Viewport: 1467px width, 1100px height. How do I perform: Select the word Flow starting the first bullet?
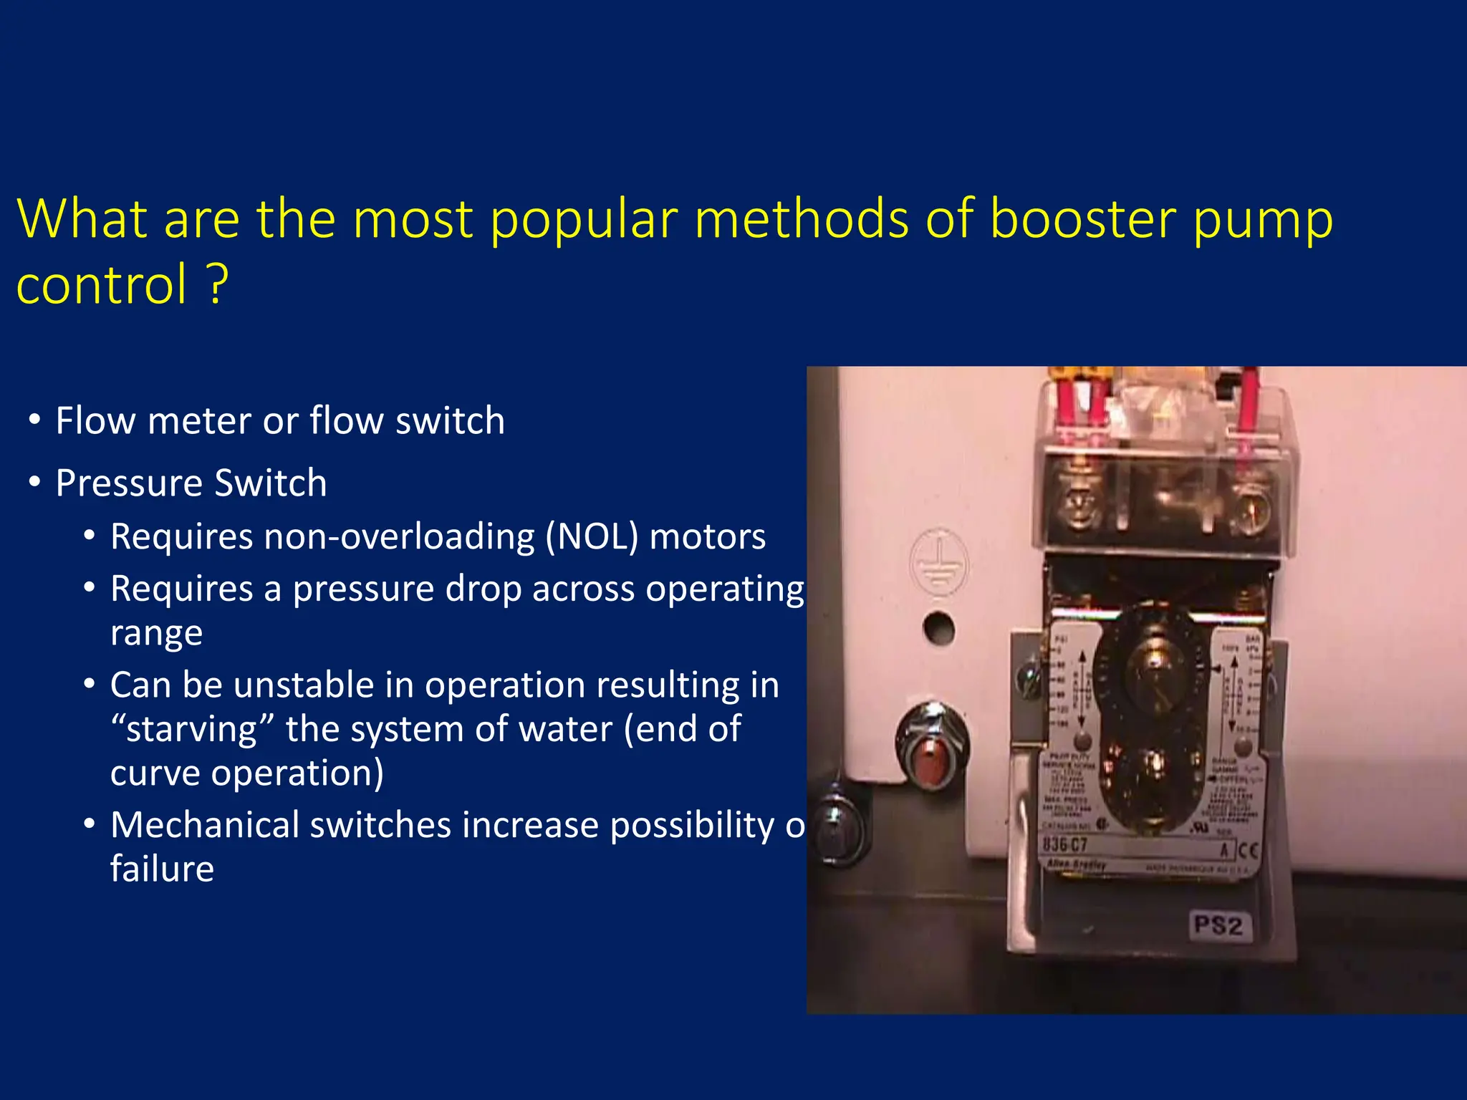95,420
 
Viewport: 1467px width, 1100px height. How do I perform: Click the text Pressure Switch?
191,483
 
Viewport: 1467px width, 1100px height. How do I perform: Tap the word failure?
162,869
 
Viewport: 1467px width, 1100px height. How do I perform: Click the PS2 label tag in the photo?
1218,925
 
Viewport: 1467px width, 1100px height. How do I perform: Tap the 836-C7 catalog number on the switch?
1065,844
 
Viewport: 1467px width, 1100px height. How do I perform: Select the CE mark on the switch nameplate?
1248,850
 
